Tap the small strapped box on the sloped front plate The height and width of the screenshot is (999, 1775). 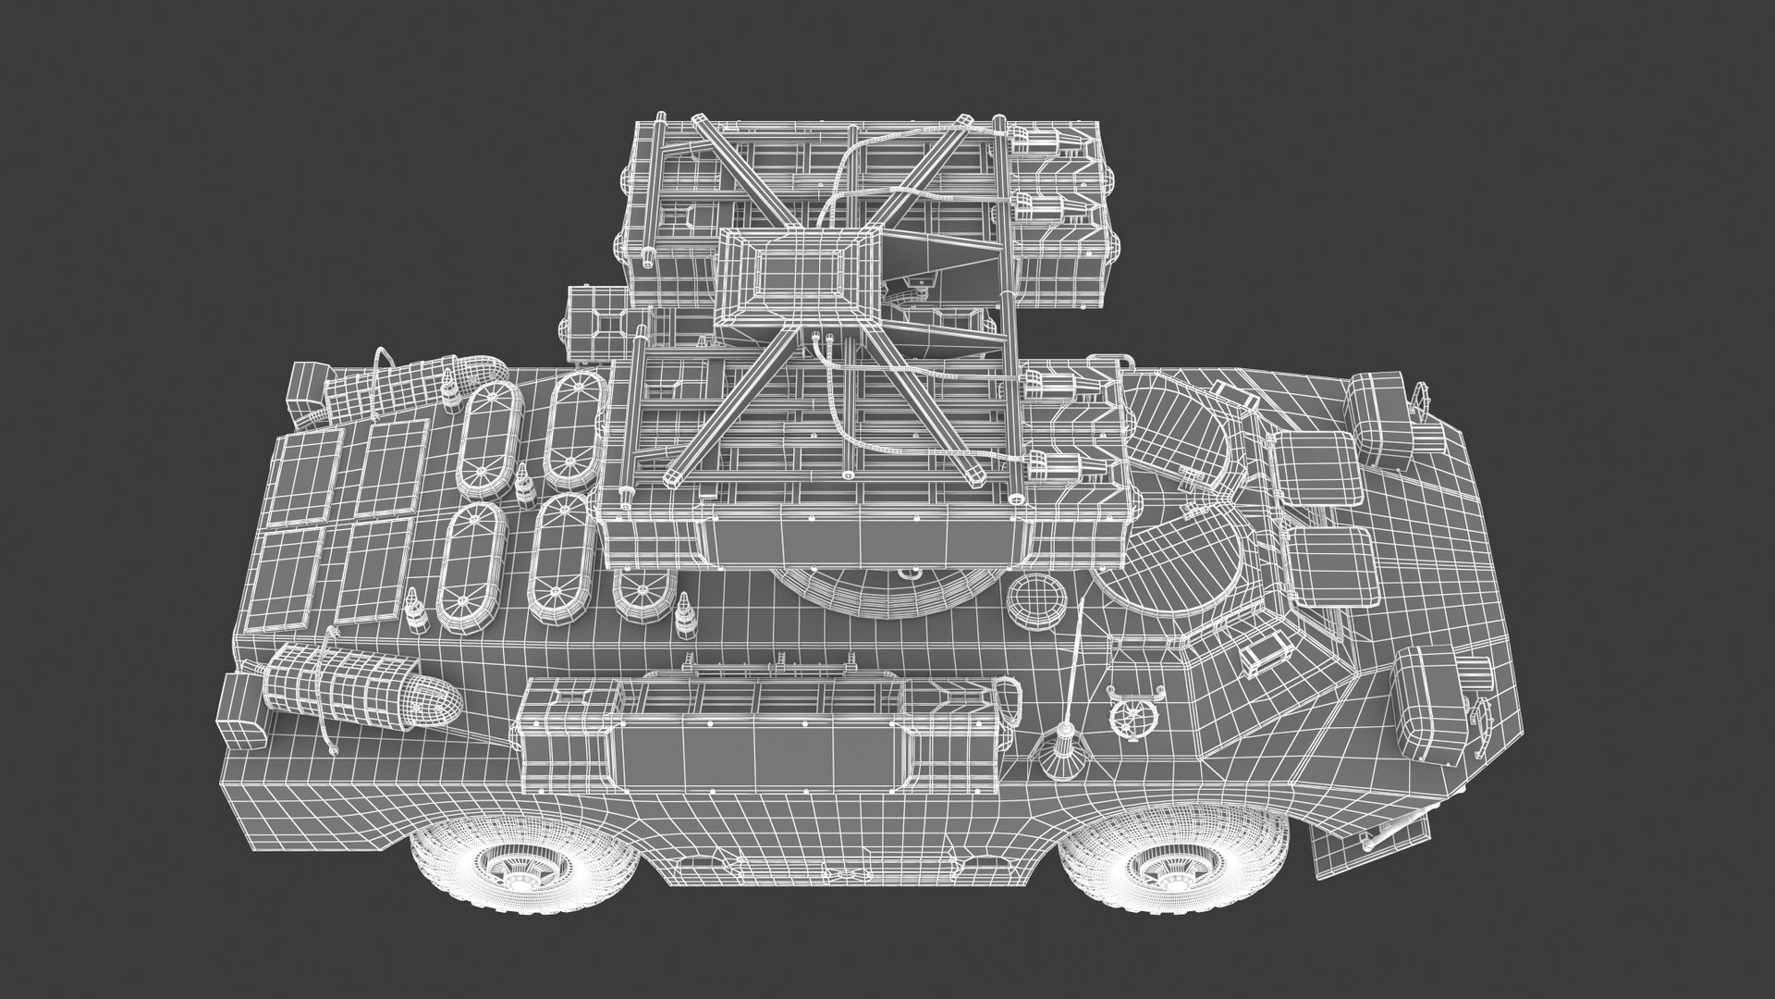click(1262, 656)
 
